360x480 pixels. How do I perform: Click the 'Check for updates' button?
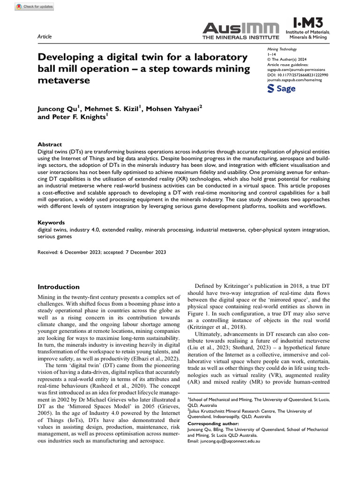point(34,7)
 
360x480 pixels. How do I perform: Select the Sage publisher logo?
point(281,89)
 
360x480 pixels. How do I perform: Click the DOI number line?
point(298,75)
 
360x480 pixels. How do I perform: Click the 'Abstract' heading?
point(49,145)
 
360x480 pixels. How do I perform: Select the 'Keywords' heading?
point(51,223)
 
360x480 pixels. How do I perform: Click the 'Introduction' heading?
point(59,287)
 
